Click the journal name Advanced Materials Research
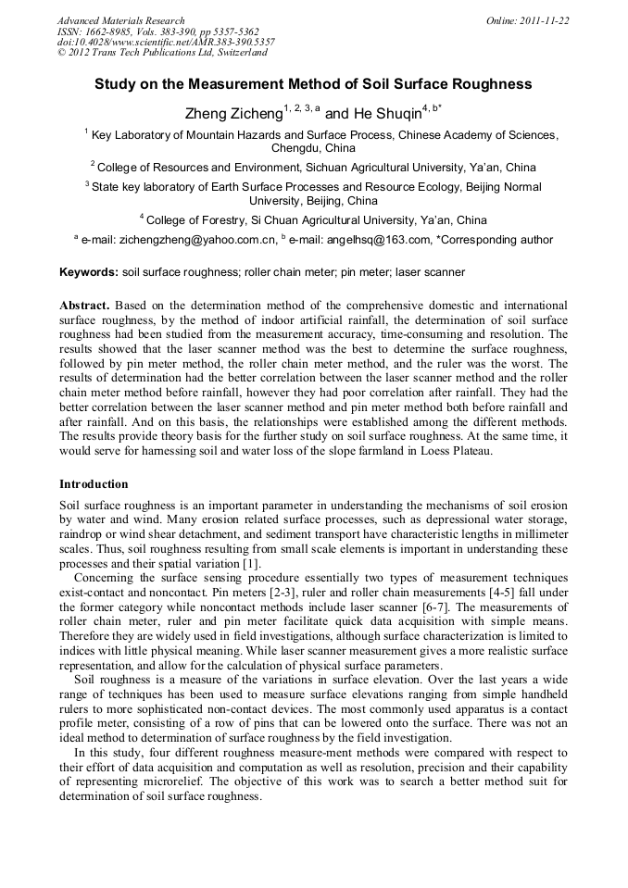[x=120, y=20]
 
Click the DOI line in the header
[x=166, y=43]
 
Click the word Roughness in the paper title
[x=496, y=84]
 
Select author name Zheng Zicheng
[x=235, y=114]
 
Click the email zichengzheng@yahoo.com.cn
[x=196, y=241]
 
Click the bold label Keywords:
[x=89, y=273]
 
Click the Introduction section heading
[x=94, y=484]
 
